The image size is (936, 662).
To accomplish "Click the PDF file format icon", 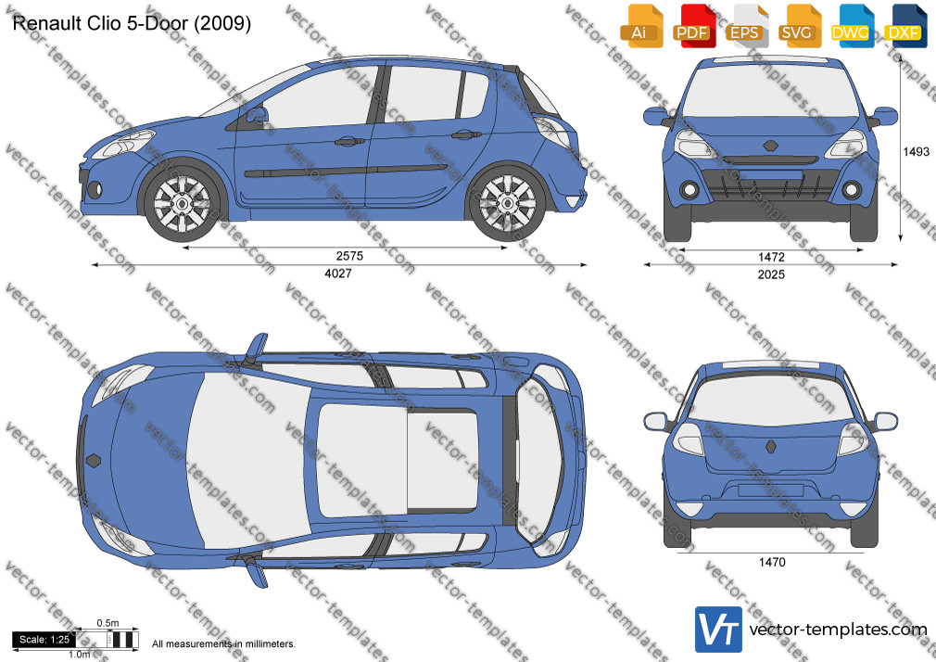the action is pos(694,26).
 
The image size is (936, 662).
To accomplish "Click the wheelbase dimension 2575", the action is pos(349,256).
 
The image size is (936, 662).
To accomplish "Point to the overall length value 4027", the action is pos(338,273).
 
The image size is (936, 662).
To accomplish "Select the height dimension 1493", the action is pos(916,152).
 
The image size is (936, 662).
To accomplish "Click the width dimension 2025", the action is pos(771,274).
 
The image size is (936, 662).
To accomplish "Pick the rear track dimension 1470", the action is pos(772,562).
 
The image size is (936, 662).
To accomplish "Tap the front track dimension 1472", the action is pos(771,257).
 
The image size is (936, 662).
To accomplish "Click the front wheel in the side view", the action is pos(182,203).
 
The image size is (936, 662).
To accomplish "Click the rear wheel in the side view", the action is pos(508,203).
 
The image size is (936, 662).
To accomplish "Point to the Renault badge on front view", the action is pos(770,146).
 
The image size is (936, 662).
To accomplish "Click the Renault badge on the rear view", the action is pos(771,447).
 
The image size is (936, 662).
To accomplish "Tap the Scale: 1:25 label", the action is pos(44,640).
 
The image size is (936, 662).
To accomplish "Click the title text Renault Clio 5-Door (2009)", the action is pos(132,23).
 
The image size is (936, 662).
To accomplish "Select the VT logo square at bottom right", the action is pos(719,630).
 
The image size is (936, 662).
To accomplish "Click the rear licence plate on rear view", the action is pos(770,490).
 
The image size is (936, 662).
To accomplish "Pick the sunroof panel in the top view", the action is pos(397,460).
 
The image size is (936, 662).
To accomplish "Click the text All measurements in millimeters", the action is pos(223,644).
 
